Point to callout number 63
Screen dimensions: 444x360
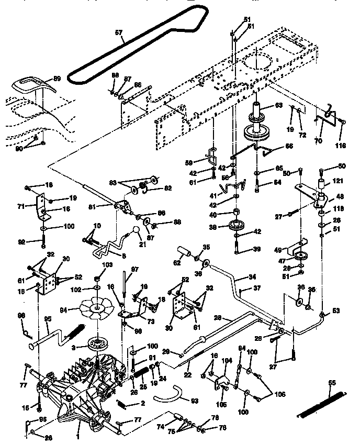(278, 105)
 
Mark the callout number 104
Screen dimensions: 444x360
(227, 361)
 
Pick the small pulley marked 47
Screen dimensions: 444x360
(301, 257)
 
